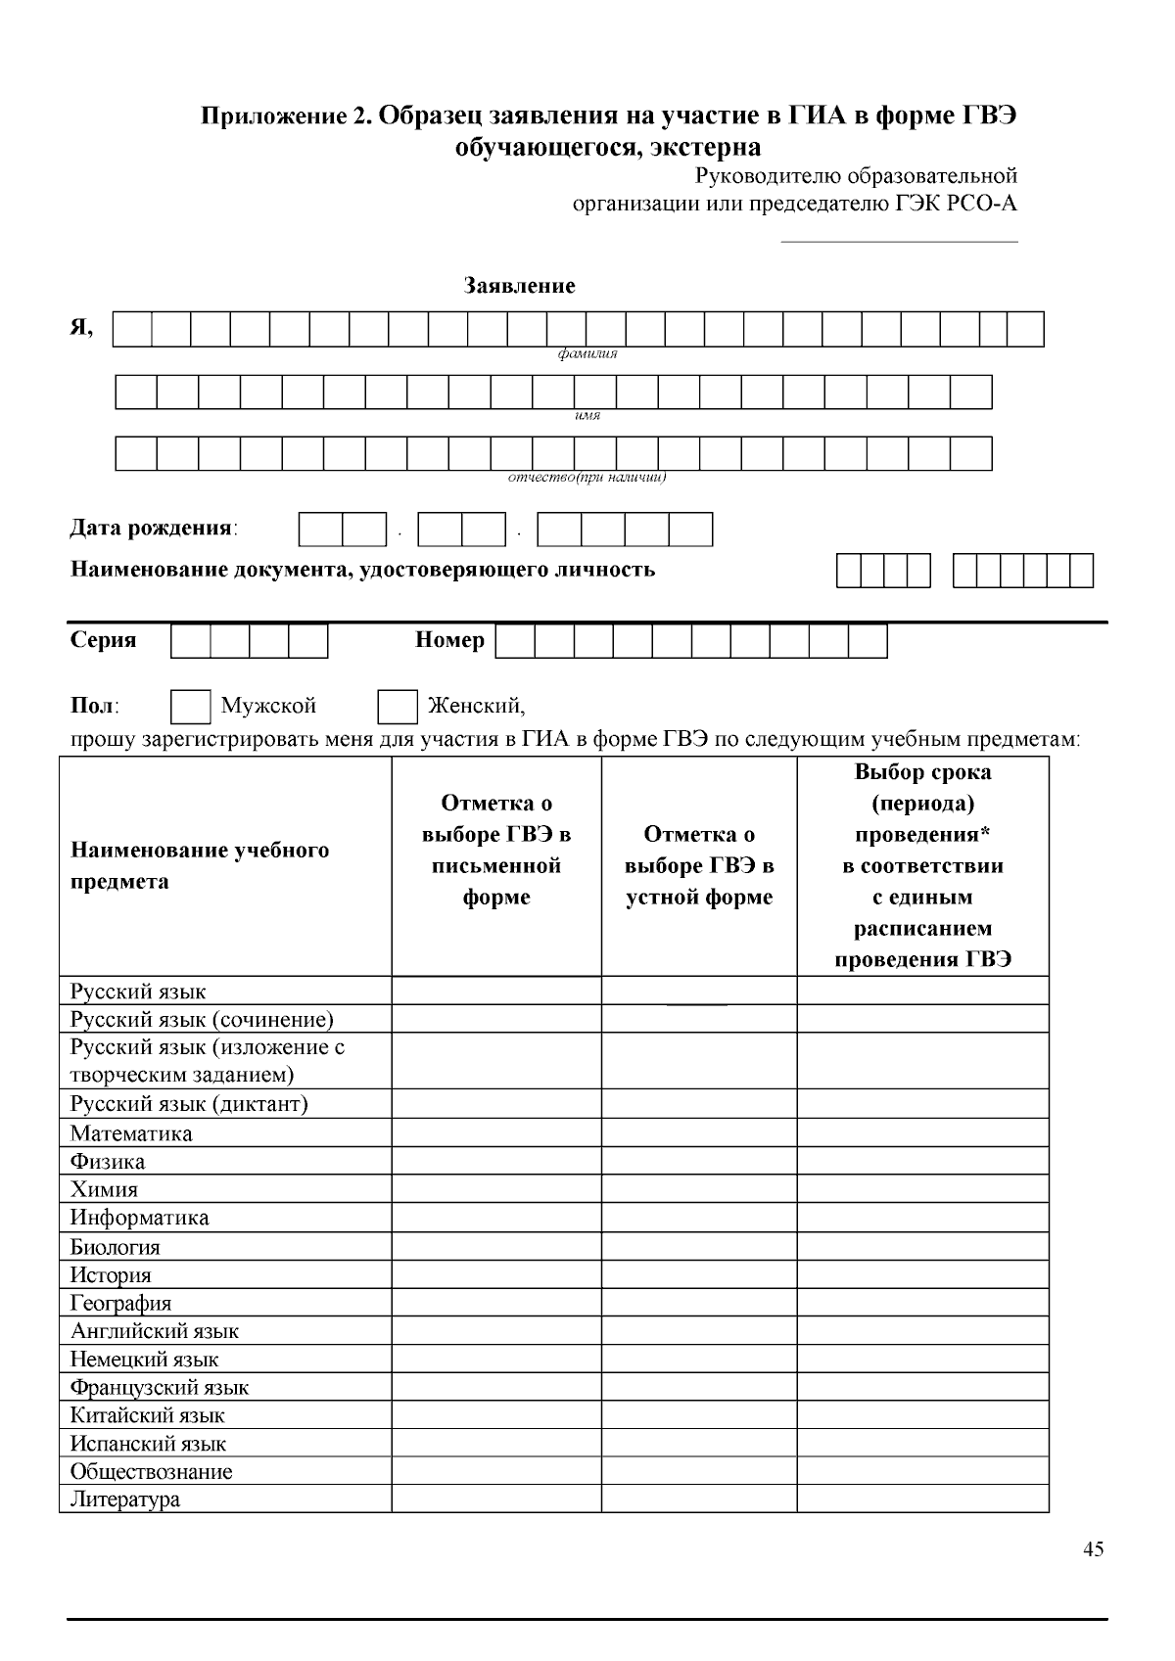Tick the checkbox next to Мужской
190,707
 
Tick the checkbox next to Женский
398,707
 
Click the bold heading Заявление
519,286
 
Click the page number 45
1094,1549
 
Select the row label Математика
131,1133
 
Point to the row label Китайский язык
147,1415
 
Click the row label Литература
125,1500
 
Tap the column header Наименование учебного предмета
200,865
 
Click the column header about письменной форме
496,850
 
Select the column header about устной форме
699,865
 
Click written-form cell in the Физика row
496,1162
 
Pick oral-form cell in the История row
699,1274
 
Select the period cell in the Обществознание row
922,1471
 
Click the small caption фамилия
587,354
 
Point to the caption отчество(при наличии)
587,478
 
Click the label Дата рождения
153,529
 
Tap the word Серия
103,640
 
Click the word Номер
449,640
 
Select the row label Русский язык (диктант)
189,1104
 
